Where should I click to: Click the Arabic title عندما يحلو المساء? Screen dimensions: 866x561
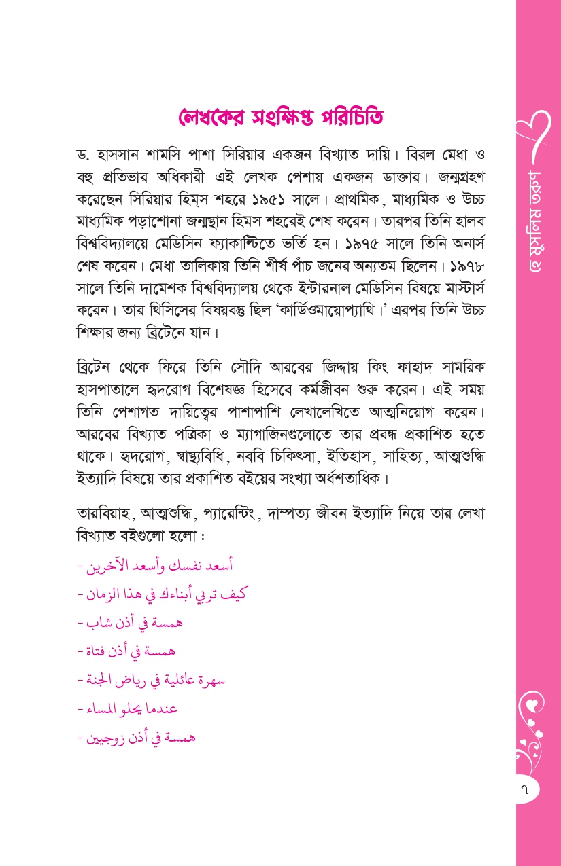(x=133, y=708)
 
